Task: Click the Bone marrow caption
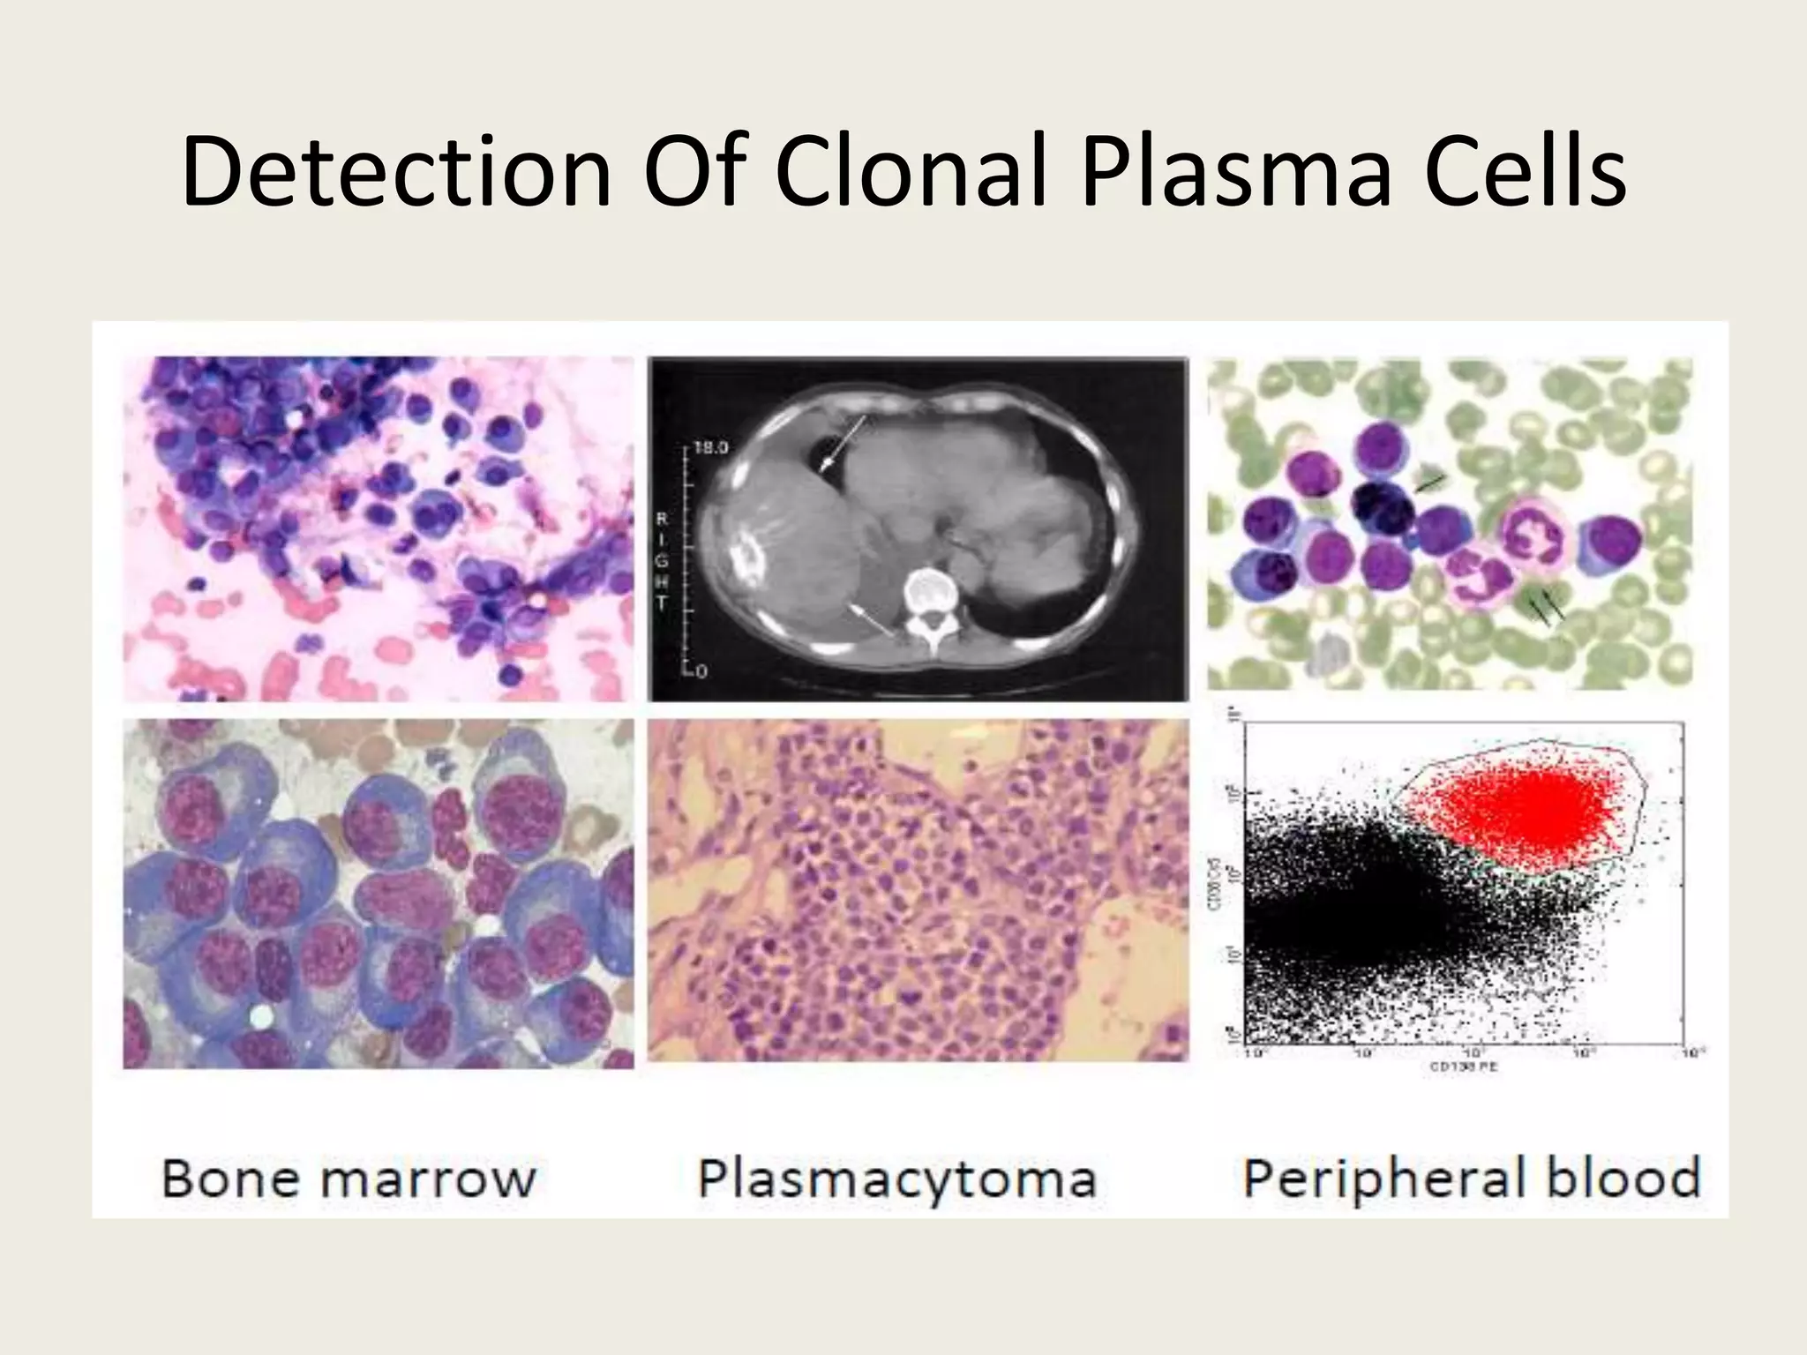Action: click(349, 1179)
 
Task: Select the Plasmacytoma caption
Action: click(896, 1179)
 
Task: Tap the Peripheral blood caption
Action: click(1471, 1179)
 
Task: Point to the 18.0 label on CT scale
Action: click(711, 448)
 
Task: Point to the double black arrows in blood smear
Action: click(1545, 608)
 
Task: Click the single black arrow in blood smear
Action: click(1430, 483)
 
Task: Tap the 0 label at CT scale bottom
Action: click(701, 672)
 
